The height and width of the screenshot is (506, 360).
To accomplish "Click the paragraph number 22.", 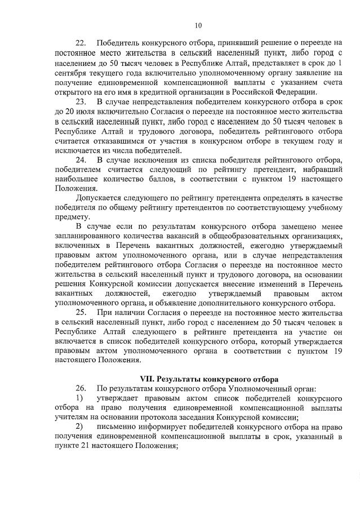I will click(x=81, y=43).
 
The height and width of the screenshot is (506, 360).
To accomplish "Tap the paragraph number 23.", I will click(x=81, y=101).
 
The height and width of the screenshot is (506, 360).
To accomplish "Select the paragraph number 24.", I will click(x=81, y=159).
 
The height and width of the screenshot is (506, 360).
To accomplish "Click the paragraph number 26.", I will click(x=81, y=388).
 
